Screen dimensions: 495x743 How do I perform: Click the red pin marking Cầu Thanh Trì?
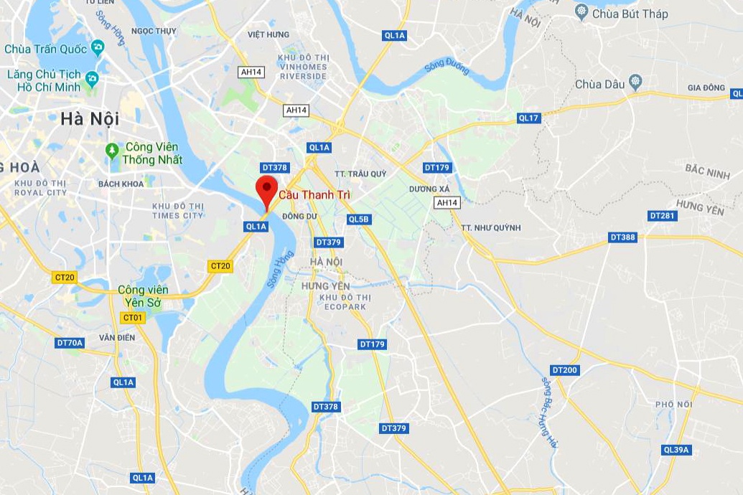pos(266,188)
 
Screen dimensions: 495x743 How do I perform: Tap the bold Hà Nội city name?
pos(90,118)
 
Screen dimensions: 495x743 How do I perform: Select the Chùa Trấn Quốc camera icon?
pos(98,48)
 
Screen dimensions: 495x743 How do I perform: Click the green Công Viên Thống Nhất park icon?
pos(111,151)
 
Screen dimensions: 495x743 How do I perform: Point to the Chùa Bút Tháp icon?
pos(581,12)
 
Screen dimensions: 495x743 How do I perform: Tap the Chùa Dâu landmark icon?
pos(635,82)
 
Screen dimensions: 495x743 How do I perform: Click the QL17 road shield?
pos(528,118)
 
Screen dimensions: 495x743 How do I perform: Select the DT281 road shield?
pos(662,215)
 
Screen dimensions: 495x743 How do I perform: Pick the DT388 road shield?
pos(622,237)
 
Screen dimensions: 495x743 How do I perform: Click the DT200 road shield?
pos(564,370)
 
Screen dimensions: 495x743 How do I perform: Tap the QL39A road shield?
pos(676,450)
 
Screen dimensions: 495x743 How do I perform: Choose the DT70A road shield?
pos(70,343)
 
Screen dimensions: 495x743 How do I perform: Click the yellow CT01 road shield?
pos(133,318)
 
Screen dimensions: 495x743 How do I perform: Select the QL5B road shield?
pos(358,219)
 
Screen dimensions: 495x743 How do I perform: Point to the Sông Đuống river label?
pos(446,68)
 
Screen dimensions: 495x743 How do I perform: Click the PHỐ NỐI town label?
pos(673,405)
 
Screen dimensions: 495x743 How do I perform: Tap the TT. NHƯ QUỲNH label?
pos(490,227)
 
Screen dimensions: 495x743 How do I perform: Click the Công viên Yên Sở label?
pos(144,296)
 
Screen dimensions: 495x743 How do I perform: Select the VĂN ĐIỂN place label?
pos(117,337)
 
